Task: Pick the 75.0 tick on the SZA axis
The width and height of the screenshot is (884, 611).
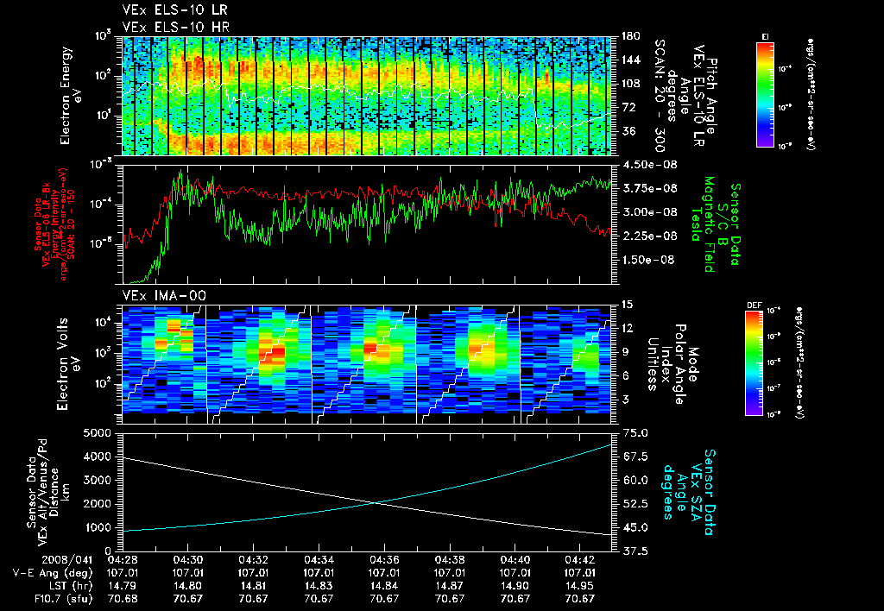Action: click(635, 433)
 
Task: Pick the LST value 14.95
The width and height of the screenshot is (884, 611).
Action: click(581, 584)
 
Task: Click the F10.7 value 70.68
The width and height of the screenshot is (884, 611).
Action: click(122, 597)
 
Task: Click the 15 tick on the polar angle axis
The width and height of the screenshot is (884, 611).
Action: click(627, 305)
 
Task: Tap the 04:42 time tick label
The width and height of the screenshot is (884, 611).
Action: click(581, 558)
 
